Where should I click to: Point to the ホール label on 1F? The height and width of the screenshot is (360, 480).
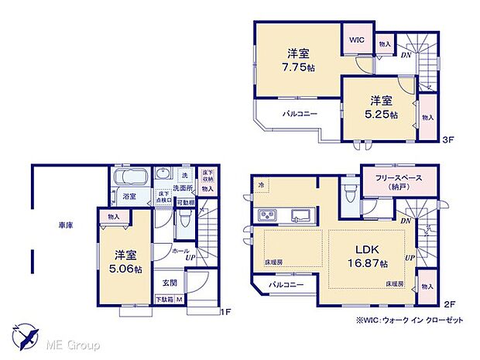click(180, 253)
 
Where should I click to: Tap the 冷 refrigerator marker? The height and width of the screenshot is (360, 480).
click(261, 185)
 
